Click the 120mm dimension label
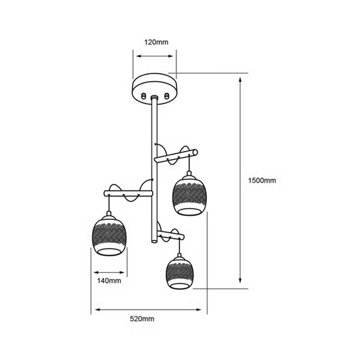[156, 42]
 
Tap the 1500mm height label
[262, 180]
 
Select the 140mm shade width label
[109, 281]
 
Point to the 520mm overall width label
[142, 319]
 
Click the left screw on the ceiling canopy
[143, 96]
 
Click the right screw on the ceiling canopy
[167, 96]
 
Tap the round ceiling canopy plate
[155, 89]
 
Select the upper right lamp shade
[189, 195]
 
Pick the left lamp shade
[109, 235]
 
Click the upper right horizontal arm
[176, 156]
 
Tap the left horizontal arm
[128, 193]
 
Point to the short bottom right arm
[171, 236]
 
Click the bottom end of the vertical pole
[154, 241]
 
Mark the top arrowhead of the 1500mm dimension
[240, 79]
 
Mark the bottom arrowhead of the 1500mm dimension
[240, 281]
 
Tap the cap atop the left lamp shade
[109, 213]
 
